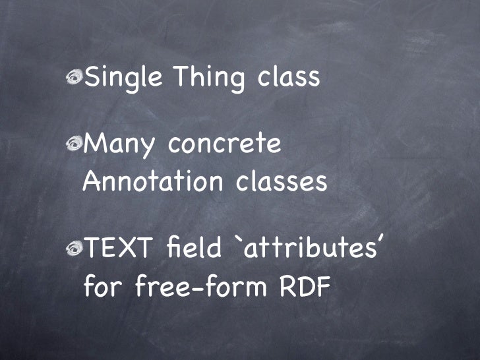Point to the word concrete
(x=225, y=144)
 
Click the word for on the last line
(x=104, y=287)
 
